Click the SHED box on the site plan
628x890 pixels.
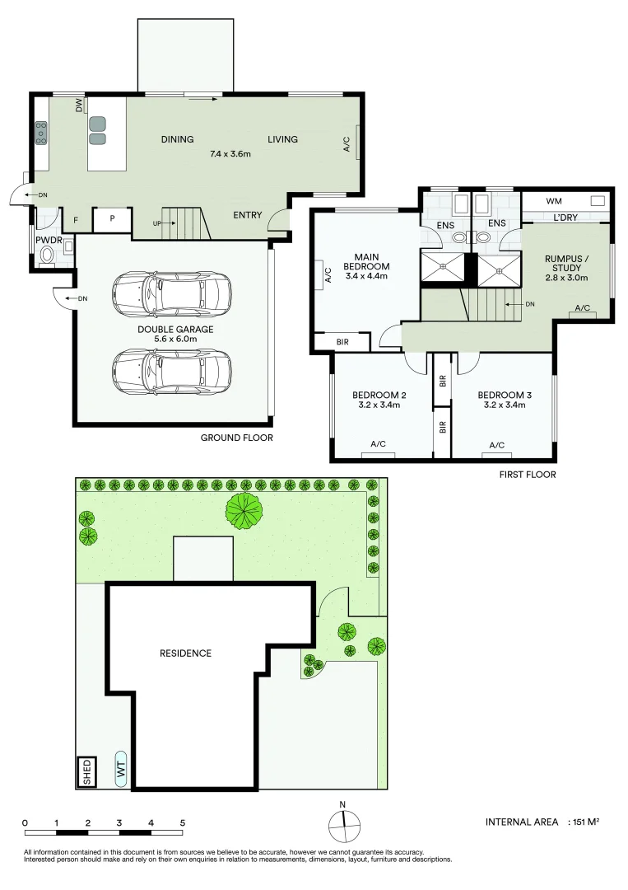click(86, 772)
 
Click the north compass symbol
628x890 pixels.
click(344, 825)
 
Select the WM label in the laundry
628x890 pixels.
click(530, 200)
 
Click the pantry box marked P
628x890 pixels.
click(111, 218)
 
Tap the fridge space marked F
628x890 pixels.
click(77, 220)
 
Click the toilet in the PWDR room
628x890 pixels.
click(49, 254)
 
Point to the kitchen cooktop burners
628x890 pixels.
click(41, 132)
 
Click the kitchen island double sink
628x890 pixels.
click(98, 130)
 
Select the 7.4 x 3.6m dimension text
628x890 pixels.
click(230, 153)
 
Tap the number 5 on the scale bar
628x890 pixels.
click(183, 822)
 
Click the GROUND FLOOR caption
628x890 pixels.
click(237, 438)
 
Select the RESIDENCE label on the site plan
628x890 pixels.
click(185, 653)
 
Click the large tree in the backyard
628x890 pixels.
click(244, 511)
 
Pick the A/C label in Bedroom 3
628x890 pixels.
click(497, 445)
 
